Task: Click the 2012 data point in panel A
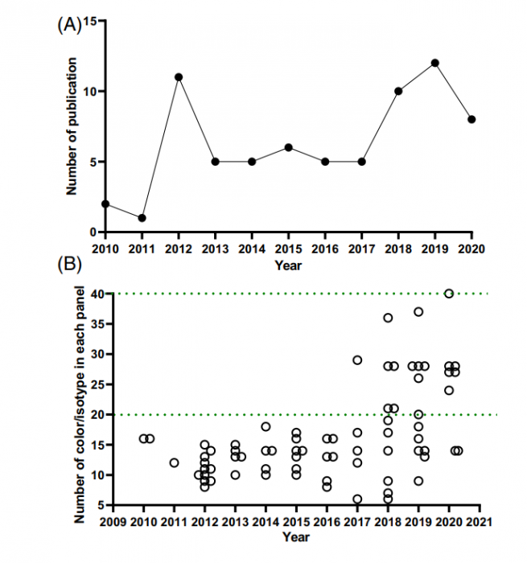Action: pos(179,77)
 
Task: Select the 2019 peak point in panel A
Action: pos(435,63)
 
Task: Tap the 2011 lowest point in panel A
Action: pos(142,218)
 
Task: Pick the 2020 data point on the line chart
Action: pos(472,119)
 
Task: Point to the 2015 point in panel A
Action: pos(288,147)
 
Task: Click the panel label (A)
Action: pos(68,24)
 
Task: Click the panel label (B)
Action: pos(68,263)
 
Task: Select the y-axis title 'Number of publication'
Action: pos(72,126)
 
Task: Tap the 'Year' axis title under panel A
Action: pos(288,265)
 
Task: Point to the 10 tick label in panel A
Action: pos(92,92)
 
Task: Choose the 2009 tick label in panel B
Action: pos(113,523)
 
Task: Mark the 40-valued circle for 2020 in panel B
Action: pos(449,294)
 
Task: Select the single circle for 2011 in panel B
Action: pos(174,462)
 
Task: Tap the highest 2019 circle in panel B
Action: pos(418,312)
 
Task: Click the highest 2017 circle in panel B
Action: pos(357,360)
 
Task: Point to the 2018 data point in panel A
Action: pos(398,91)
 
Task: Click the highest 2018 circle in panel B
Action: pos(388,318)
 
